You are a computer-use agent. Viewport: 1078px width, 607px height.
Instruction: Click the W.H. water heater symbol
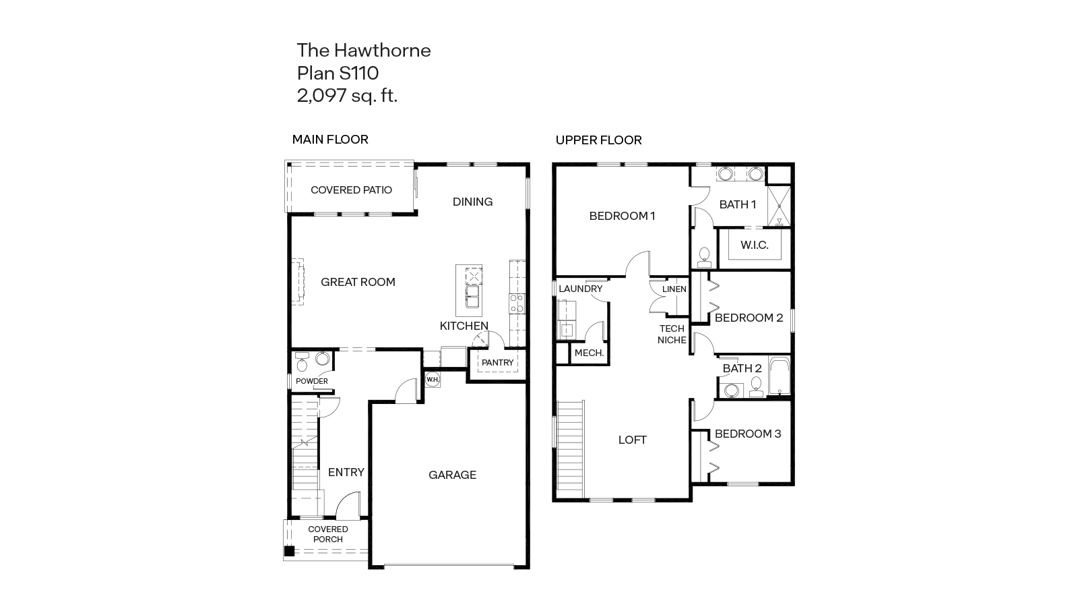tap(432, 379)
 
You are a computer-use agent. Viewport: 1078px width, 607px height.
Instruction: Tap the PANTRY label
tap(497, 363)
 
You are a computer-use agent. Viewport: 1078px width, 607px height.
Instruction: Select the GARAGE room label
tap(452, 475)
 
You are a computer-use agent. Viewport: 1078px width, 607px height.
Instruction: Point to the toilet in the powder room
tap(302, 365)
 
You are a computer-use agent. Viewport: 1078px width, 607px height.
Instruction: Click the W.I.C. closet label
tap(754, 245)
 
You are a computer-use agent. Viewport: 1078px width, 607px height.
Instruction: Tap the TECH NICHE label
tap(672, 335)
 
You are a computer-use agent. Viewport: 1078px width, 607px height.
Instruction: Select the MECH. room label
tap(589, 353)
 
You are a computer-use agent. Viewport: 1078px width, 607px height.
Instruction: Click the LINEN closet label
tap(674, 289)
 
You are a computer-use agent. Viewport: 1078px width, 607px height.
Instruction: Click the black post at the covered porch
tap(289, 551)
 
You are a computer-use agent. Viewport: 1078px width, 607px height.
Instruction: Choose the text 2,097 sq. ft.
tap(347, 96)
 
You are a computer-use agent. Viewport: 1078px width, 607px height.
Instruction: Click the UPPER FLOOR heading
tap(598, 140)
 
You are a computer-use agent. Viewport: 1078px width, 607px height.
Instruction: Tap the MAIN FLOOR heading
tap(329, 140)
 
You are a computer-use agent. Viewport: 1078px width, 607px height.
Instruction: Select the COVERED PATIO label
tap(351, 190)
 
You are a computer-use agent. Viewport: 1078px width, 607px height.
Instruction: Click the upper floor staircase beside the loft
tap(571, 448)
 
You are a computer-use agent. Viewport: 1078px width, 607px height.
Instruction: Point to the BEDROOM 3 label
tap(747, 434)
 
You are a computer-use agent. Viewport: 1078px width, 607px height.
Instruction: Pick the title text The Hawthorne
tap(364, 51)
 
